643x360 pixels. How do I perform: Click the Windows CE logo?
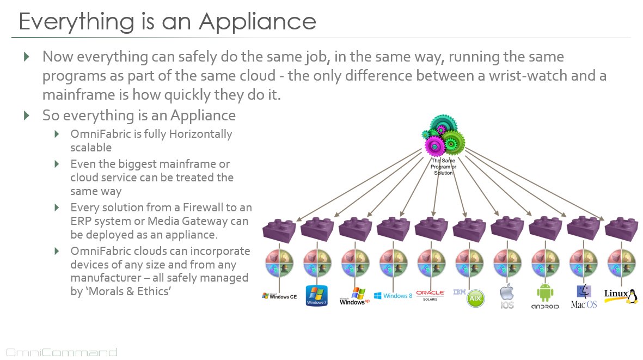279,296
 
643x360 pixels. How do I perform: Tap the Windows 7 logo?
316,296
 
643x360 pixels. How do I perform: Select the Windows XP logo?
354,296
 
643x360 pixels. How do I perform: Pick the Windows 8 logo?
393,296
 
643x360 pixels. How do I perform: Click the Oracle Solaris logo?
430,295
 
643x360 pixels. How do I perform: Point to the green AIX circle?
475,298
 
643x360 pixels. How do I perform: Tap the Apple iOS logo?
507,296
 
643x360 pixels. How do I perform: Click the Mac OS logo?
584,296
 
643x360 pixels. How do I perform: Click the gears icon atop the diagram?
443,136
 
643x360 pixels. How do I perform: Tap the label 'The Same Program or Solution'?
443,167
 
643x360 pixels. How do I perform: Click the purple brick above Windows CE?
279,230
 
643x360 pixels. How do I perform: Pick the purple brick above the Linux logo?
621,230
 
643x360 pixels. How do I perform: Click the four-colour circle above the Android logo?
546,263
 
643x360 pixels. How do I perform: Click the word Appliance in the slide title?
258,22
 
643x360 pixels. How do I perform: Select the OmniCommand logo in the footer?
62,352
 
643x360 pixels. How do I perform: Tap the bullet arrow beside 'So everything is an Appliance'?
27,115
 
